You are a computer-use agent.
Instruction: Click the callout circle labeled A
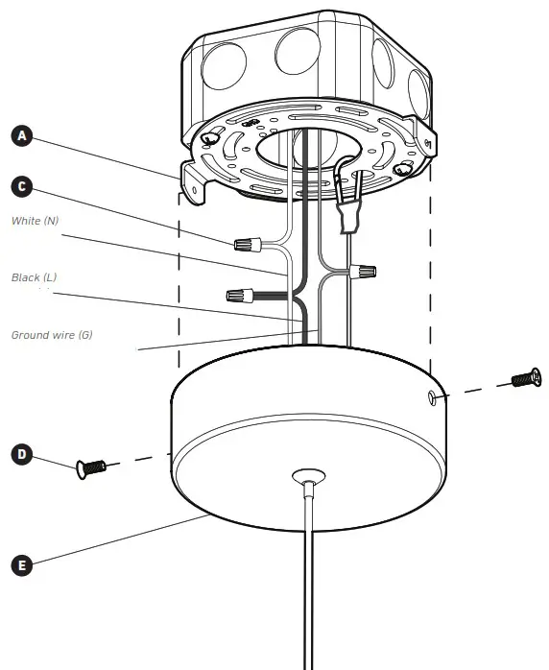point(22,136)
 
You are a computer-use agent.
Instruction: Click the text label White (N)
point(36,222)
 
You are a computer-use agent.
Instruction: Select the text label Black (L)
point(35,277)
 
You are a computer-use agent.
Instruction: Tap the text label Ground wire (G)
point(52,335)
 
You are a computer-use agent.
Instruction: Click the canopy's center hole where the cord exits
point(306,474)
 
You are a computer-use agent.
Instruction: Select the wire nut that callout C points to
point(249,245)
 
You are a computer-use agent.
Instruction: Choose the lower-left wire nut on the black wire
point(240,294)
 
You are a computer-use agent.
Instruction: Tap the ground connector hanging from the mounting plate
point(349,212)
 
